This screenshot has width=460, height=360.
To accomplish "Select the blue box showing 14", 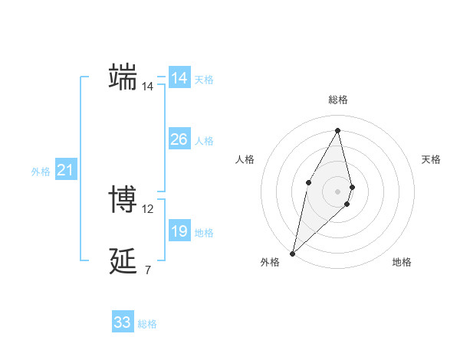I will (x=179, y=78).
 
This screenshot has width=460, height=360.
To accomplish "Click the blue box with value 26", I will (x=179, y=139).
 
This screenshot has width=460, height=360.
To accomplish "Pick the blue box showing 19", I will (x=179, y=231).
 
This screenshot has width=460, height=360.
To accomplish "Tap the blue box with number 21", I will (x=64, y=170).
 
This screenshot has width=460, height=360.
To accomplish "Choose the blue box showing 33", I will (x=123, y=322).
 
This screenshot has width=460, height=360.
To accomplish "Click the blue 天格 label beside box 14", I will (x=204, y=80).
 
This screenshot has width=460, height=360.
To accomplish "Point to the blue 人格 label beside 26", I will (x=204, y=141).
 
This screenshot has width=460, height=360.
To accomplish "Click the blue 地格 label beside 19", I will (x=204, y=233).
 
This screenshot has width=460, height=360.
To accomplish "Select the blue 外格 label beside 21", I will (x=41, y=172).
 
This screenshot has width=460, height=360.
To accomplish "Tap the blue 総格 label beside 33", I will (x=147, y=325).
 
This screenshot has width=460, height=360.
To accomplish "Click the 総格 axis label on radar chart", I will (x=337, y=100).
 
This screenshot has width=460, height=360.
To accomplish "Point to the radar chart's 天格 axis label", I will (x=432, y=159).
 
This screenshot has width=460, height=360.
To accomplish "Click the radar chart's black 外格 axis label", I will (x=270, y=263).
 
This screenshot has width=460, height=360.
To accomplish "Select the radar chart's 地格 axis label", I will (x=402, y=263).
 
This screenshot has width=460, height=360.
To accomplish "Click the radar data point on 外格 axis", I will (x=293, y=253).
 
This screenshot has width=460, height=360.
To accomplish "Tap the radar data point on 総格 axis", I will (x=337, y=130).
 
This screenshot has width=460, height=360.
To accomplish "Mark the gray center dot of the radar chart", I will (x=337, y=191).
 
